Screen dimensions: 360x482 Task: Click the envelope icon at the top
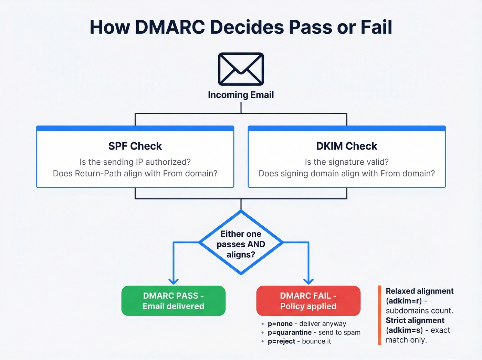coord(241,69)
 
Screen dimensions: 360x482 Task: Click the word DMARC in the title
coord(170,27)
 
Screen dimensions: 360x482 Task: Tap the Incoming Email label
coord(241,95)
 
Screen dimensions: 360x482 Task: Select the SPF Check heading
coord(135,146)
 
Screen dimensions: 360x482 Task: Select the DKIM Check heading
coord(347,146)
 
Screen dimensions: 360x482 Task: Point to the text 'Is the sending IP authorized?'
coord(135,162)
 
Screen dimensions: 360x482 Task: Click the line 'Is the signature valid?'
coord(347,162)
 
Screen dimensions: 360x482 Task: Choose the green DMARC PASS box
coord(174,301)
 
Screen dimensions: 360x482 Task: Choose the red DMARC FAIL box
coord(308,301)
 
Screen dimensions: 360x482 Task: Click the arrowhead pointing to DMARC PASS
coord(174,281)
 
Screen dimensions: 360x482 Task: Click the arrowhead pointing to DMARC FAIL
coord(308,281)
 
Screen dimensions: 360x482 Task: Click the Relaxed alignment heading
coord(419,291)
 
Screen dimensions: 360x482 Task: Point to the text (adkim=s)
coord(404,330)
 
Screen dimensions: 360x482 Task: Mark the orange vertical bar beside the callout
coord(380,315)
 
